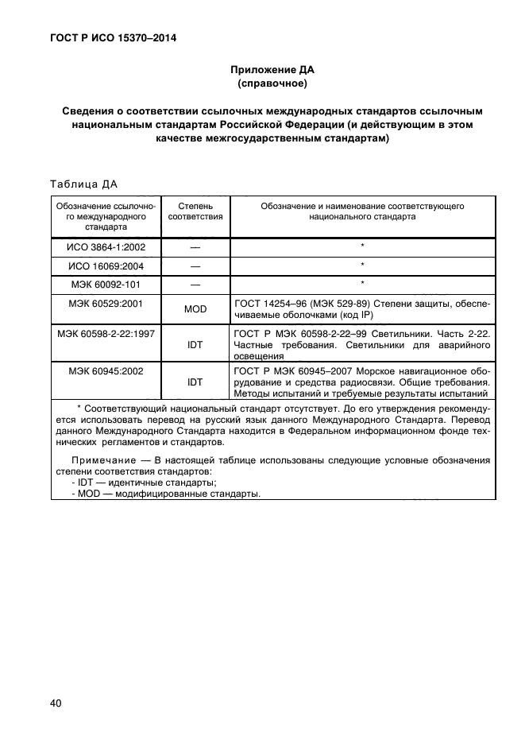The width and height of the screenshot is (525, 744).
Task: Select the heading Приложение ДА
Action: (272, 69)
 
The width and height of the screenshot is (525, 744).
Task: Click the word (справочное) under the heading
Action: (272, 83)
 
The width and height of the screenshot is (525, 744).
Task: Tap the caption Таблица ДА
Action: (83, 185)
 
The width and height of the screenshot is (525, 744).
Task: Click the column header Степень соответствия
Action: (195, 211)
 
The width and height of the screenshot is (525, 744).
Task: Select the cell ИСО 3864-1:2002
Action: (106, 247)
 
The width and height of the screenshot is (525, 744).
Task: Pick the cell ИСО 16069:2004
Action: (106, 265)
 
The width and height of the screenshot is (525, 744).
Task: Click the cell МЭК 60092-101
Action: (106, 284)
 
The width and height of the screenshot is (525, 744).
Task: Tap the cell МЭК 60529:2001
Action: (106, 303)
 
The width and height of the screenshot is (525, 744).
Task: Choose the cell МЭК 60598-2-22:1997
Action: (106, 333)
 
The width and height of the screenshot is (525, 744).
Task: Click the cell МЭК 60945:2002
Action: (106, 371)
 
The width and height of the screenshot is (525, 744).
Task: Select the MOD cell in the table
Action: (195, 309)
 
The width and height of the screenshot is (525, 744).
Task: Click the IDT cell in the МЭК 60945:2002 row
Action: (195, 382)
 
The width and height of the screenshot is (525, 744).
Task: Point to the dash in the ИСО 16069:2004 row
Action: (195, 265)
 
